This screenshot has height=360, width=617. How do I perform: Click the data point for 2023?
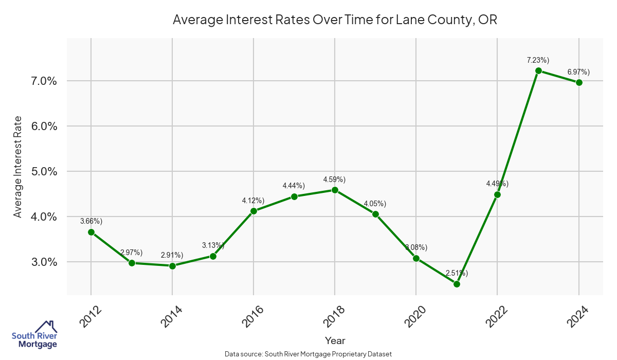tap(538, 70)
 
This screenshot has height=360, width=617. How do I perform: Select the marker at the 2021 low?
tap(457, 284)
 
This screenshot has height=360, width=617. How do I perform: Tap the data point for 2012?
tap(91, 232)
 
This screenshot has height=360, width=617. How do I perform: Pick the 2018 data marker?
tap(335, 190)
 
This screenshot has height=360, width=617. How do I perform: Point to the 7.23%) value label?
tap(538, 60)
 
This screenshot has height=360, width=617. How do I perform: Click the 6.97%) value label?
tap(578, 71)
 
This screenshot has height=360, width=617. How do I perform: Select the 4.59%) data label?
tap(334, 179)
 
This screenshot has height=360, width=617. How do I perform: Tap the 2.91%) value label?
tap(172, 255)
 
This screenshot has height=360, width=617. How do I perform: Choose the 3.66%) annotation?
tap(91, 221)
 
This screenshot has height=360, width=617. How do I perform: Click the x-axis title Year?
tap(335, 340)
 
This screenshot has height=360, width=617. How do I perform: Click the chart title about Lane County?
tap(335, 20)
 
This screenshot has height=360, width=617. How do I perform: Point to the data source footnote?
tap(308, 354)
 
